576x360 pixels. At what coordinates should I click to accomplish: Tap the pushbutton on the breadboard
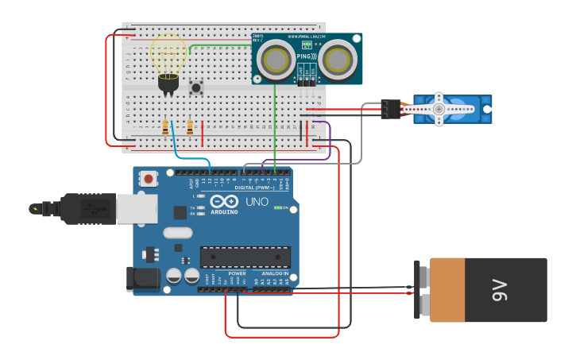195,87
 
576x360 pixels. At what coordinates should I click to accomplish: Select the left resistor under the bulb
165,126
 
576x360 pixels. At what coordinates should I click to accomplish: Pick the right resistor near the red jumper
190,126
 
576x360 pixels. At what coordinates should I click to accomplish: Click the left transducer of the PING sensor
276,59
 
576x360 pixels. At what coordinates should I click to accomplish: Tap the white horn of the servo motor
439,108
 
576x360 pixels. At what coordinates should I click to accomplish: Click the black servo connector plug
390,109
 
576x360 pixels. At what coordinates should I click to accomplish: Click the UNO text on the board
257,202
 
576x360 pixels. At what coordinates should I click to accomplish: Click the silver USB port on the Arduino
136,209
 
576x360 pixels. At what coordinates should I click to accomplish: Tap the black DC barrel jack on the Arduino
141,277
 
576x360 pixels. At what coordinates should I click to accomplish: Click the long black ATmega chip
245,257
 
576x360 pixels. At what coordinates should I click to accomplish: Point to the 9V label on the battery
499,290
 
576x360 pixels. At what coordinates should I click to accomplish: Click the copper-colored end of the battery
447,290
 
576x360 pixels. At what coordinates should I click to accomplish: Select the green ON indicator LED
277,207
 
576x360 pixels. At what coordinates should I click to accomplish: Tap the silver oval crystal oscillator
178,233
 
